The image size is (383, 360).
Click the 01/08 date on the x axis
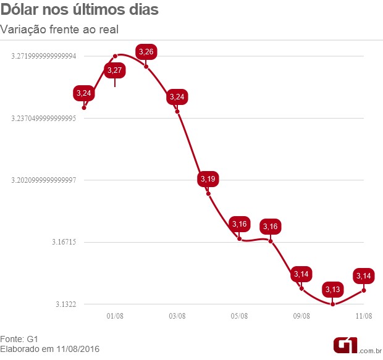tap(115, 316)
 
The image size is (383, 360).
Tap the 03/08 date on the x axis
tap(177, 316)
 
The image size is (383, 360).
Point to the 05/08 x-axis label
tap(240, 316)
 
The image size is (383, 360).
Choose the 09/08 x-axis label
tap(301, 316)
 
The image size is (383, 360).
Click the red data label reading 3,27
tap(115, 70)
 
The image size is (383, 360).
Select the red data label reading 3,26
tap(146, 52)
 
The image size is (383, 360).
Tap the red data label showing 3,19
tap(208, 179)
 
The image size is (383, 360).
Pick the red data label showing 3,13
tap(332, 289)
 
